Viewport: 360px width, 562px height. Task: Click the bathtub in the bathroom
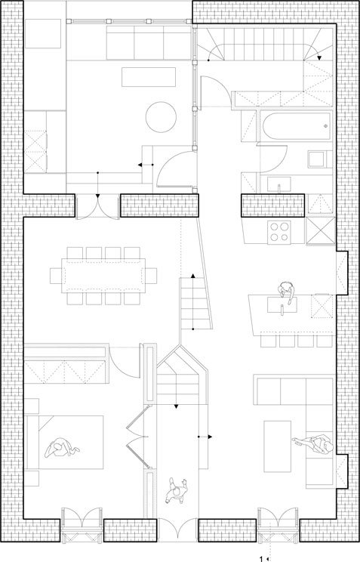[x=296, y=125]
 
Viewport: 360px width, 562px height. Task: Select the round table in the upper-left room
[x=161, y=117]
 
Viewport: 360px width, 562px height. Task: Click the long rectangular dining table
[x=103, y=275]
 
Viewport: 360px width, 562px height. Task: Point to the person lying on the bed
[x=61, y=448]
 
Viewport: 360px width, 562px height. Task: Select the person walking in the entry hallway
[x=177, y=491]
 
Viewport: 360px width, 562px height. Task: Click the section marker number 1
[x=261, y=558]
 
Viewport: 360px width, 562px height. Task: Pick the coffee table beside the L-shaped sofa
[x=278, y=446]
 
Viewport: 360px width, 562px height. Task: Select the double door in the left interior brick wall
[x=97, y=205]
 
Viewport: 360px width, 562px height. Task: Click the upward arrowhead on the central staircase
[x=192, y=276]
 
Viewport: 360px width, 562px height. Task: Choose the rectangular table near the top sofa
[x=149, y=77]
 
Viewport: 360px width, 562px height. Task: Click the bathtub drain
[x=325, y=126]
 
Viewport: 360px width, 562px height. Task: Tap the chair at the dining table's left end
[x=56, y=276]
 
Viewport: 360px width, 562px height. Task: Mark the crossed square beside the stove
[x=321, y=231]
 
